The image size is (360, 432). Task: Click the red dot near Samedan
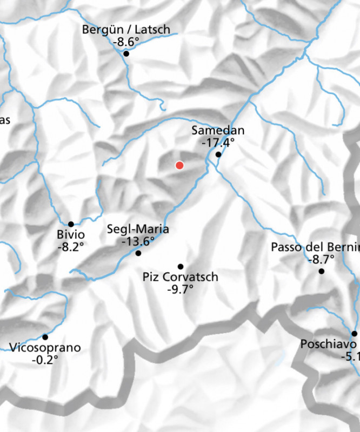click(179, 165)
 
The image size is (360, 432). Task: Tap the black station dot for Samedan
click(218, 154)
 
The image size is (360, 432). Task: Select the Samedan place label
click(218, 131)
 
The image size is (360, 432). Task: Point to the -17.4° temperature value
click(218, 143)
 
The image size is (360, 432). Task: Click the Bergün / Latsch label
click(125, 30)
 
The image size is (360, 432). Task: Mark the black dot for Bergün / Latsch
click(126, 53)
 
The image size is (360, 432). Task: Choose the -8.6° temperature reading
click(125, 42)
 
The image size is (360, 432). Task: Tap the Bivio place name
click(71, 235)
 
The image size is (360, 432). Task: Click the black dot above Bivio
click(71, 224)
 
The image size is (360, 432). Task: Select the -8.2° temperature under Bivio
click(71, 247)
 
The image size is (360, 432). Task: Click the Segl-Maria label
click(138, 229)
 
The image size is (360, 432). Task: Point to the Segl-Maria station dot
click(138, 253)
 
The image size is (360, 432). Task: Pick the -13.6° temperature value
click(138, 241)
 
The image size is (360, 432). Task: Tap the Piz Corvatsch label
click(181, 277)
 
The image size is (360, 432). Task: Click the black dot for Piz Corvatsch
click(181, 266)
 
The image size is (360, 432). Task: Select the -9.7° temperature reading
click(181, 289)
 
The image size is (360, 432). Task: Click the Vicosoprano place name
click(45, 347)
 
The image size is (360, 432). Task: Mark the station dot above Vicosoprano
click(45, 337)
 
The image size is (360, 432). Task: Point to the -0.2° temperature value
click(45, 359)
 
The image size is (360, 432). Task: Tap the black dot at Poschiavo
click(355, 333)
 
